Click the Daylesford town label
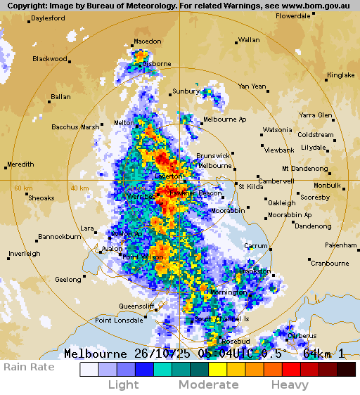click(48, 18)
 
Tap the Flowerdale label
click(292, 15)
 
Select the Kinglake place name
click(341, 75)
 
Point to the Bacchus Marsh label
click(75, 127)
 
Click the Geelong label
click(68, 280)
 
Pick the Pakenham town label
click(341, 245)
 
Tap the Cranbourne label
click(330, 264)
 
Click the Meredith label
click(20, 164)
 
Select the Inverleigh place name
click(25, 254)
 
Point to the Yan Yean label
click(252, 86)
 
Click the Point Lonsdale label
click(118, 320)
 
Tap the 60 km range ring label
click(23, 188)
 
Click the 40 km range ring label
click(79, 188)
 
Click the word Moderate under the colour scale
click(208, 385)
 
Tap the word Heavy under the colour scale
click(290, 385)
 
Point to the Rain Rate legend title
click(29, 367)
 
